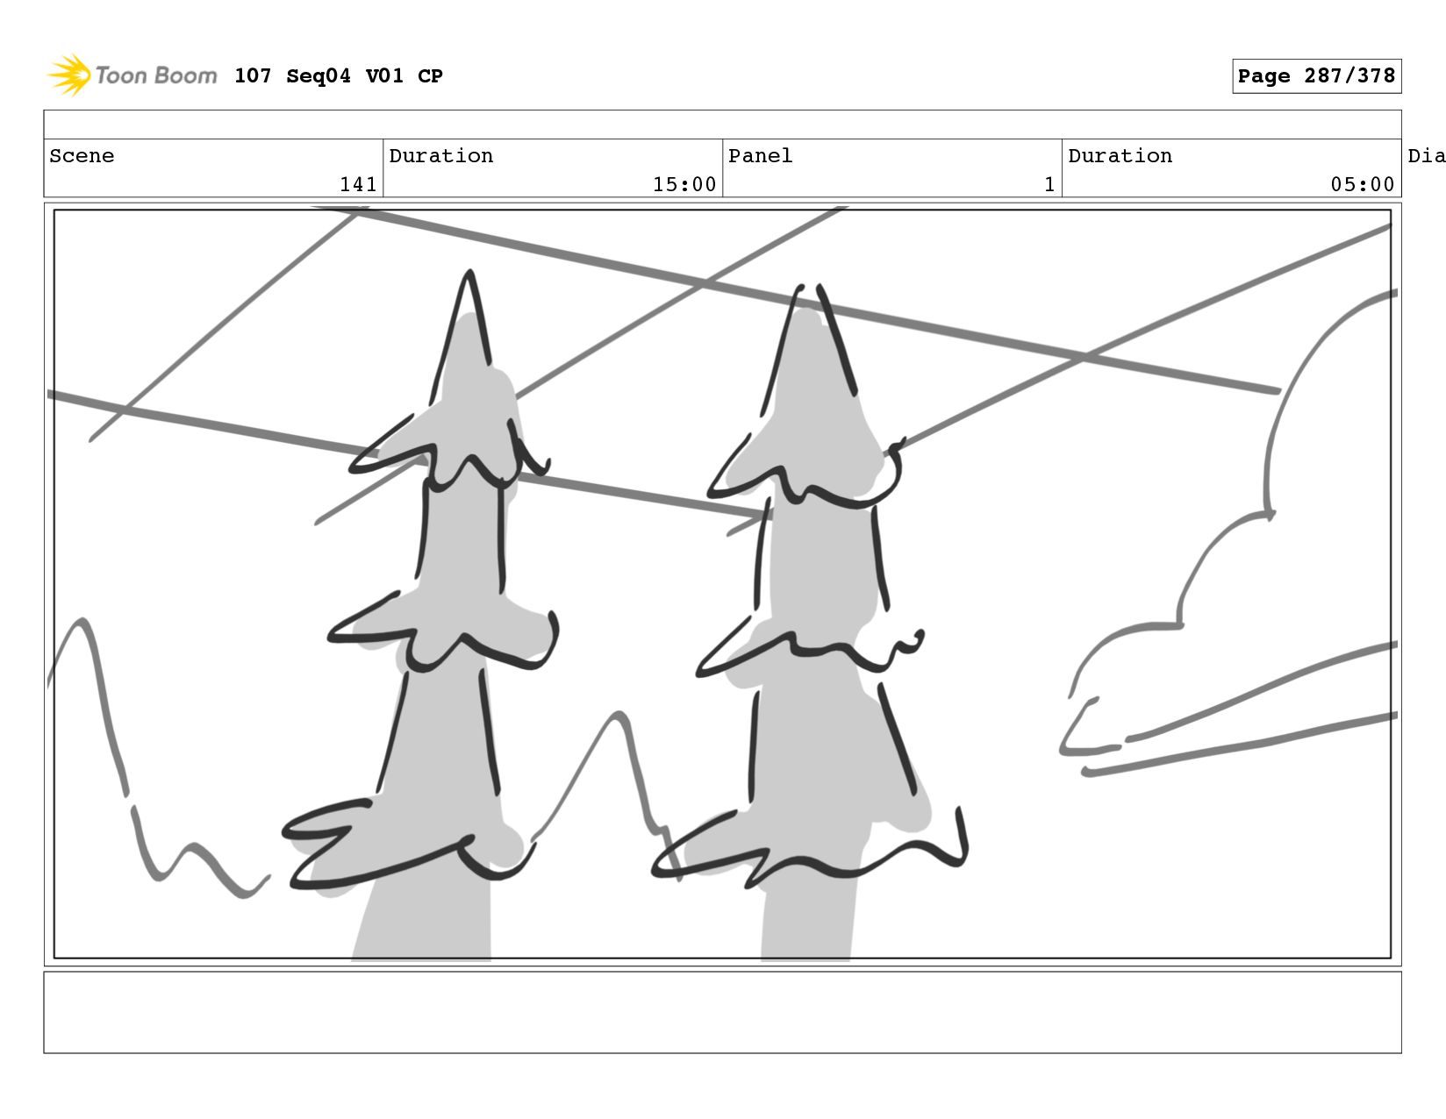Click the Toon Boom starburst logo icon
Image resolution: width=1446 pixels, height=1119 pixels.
coord(69,75)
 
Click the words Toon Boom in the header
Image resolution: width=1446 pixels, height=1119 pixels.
coord(156,75)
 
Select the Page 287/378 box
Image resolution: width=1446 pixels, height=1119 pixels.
coord(1316,75)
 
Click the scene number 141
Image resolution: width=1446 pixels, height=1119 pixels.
coord(358,184)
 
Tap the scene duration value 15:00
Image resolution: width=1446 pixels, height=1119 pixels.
coord(684,184)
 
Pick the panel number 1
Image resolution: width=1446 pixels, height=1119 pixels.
coord(1049,184)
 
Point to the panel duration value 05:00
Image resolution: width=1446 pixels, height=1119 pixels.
coord(1362,184)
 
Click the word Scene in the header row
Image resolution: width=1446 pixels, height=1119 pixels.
coord(82,155)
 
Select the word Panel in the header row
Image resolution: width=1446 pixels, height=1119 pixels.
coord(760,155)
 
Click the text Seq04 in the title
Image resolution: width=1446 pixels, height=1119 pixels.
coord(319,75)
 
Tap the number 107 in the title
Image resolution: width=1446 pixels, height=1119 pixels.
coord(253,75)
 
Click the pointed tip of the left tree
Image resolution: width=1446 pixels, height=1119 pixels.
coord(469,271)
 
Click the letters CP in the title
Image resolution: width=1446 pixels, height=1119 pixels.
coord(430,75)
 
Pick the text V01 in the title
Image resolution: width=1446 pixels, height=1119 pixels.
coord(384,75)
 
